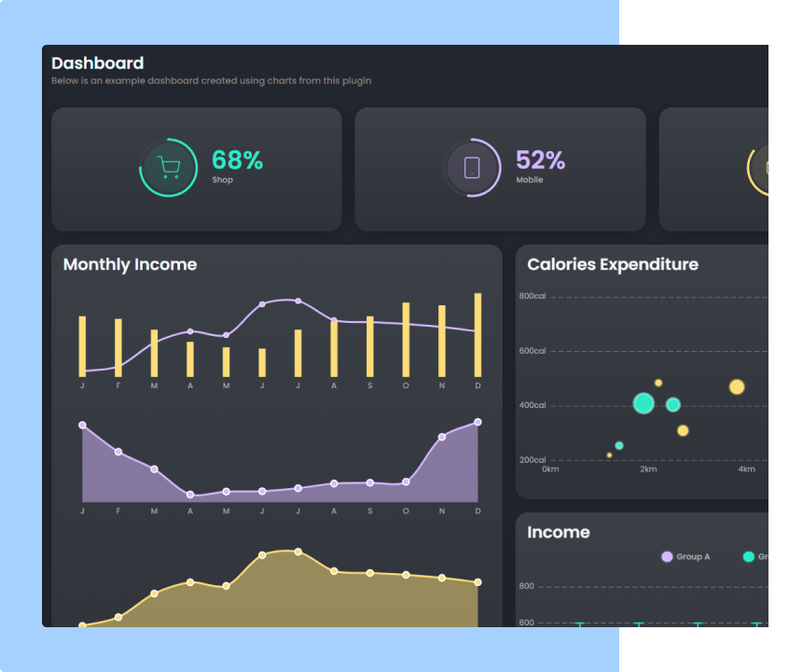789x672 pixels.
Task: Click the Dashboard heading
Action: coord(97,63)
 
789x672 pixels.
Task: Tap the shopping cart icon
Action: coord(169,168)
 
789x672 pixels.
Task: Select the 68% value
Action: coord(237,161)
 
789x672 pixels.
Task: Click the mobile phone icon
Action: coord(472,168)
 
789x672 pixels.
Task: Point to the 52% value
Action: coord(540,161)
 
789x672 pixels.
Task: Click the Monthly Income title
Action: coord(130,264)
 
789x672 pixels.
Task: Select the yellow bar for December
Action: coord(478,335)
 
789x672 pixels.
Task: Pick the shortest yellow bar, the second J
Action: coord(262,362)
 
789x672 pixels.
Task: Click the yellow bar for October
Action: coord(406,339)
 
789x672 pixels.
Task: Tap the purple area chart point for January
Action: coord(82,425)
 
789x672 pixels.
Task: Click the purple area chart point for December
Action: coord(478,422)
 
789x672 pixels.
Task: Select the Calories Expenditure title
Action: coord(612,264)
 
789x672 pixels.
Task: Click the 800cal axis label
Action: coord(533,297)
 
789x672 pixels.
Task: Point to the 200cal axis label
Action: coord(533,460)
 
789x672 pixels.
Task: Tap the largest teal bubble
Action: coord(644,403)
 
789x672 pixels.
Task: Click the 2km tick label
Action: coord(648,469)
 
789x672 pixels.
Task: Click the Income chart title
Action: coord(558,532)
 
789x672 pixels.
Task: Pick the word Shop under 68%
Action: coord(222,180)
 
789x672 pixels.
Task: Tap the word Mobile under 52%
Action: coord(529,180)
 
